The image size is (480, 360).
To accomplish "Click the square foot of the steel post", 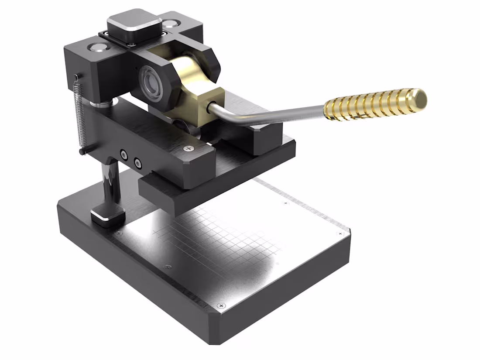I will pyautogui.click(x=107, y=216).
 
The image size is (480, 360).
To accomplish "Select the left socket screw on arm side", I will pyautogui.click(x=125, y=154).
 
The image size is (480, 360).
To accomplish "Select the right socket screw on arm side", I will pyautogui.click(x=138, y=164).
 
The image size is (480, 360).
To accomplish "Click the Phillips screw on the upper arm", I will pyautogui.click(x=189, y=149).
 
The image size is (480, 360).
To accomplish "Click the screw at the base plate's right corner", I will pyautogui.click(x=341, y=234).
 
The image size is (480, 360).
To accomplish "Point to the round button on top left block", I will pyautogui.click(x=96, y=47).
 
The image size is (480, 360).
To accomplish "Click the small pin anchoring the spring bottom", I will pyautogui.click(x=82, y=151).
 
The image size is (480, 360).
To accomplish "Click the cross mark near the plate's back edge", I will pyautogui.click(x=286, y=203).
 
